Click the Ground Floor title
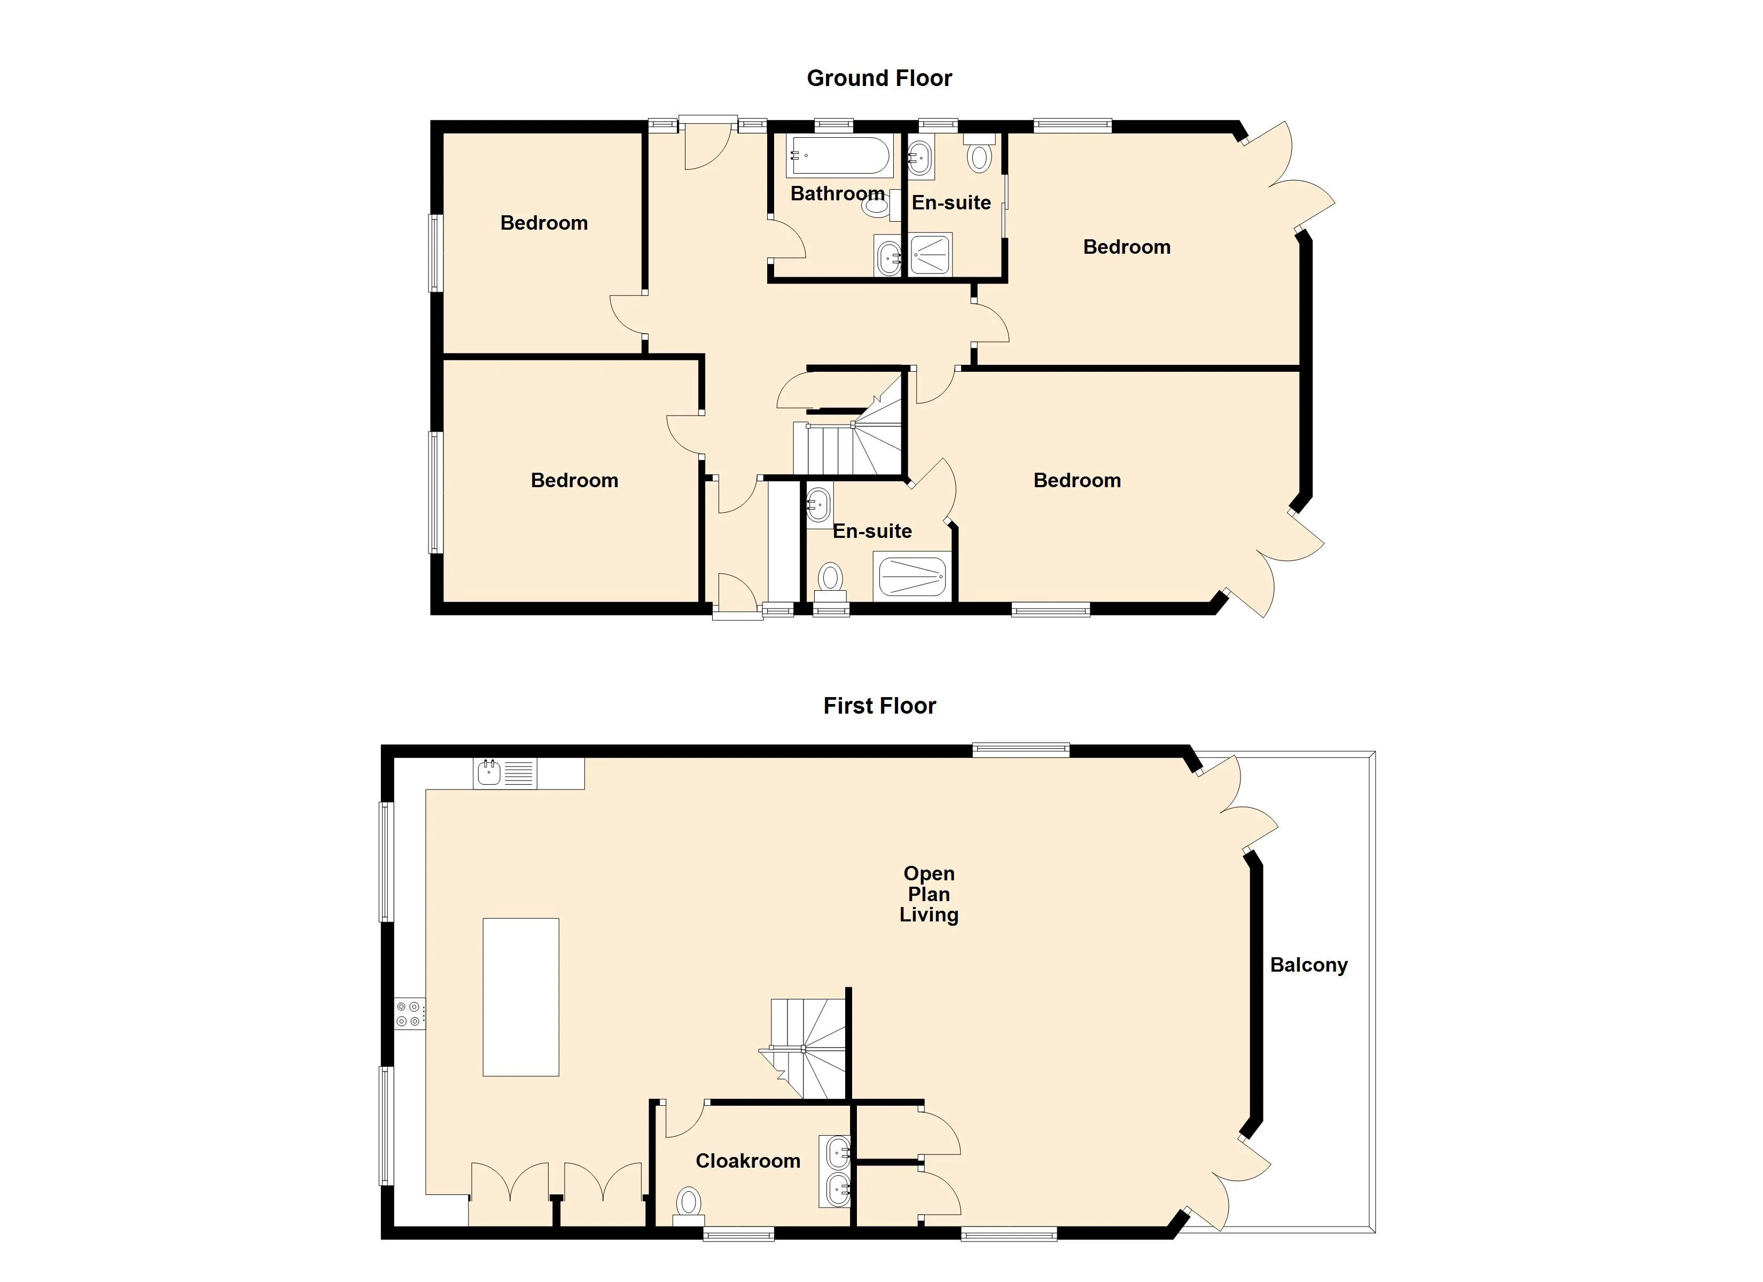coord(879,78)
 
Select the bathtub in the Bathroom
coord(839,157)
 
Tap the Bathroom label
coord(837,193)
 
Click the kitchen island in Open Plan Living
coord(521,997)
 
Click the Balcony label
coord(1308,965)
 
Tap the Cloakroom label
coord(748,1161)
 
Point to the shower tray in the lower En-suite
coord(912,576)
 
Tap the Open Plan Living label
coord(929,894)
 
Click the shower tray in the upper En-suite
coord(931,254)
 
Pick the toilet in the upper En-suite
coord(979,153)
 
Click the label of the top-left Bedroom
coord(544,223)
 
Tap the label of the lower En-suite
coord(872,531)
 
